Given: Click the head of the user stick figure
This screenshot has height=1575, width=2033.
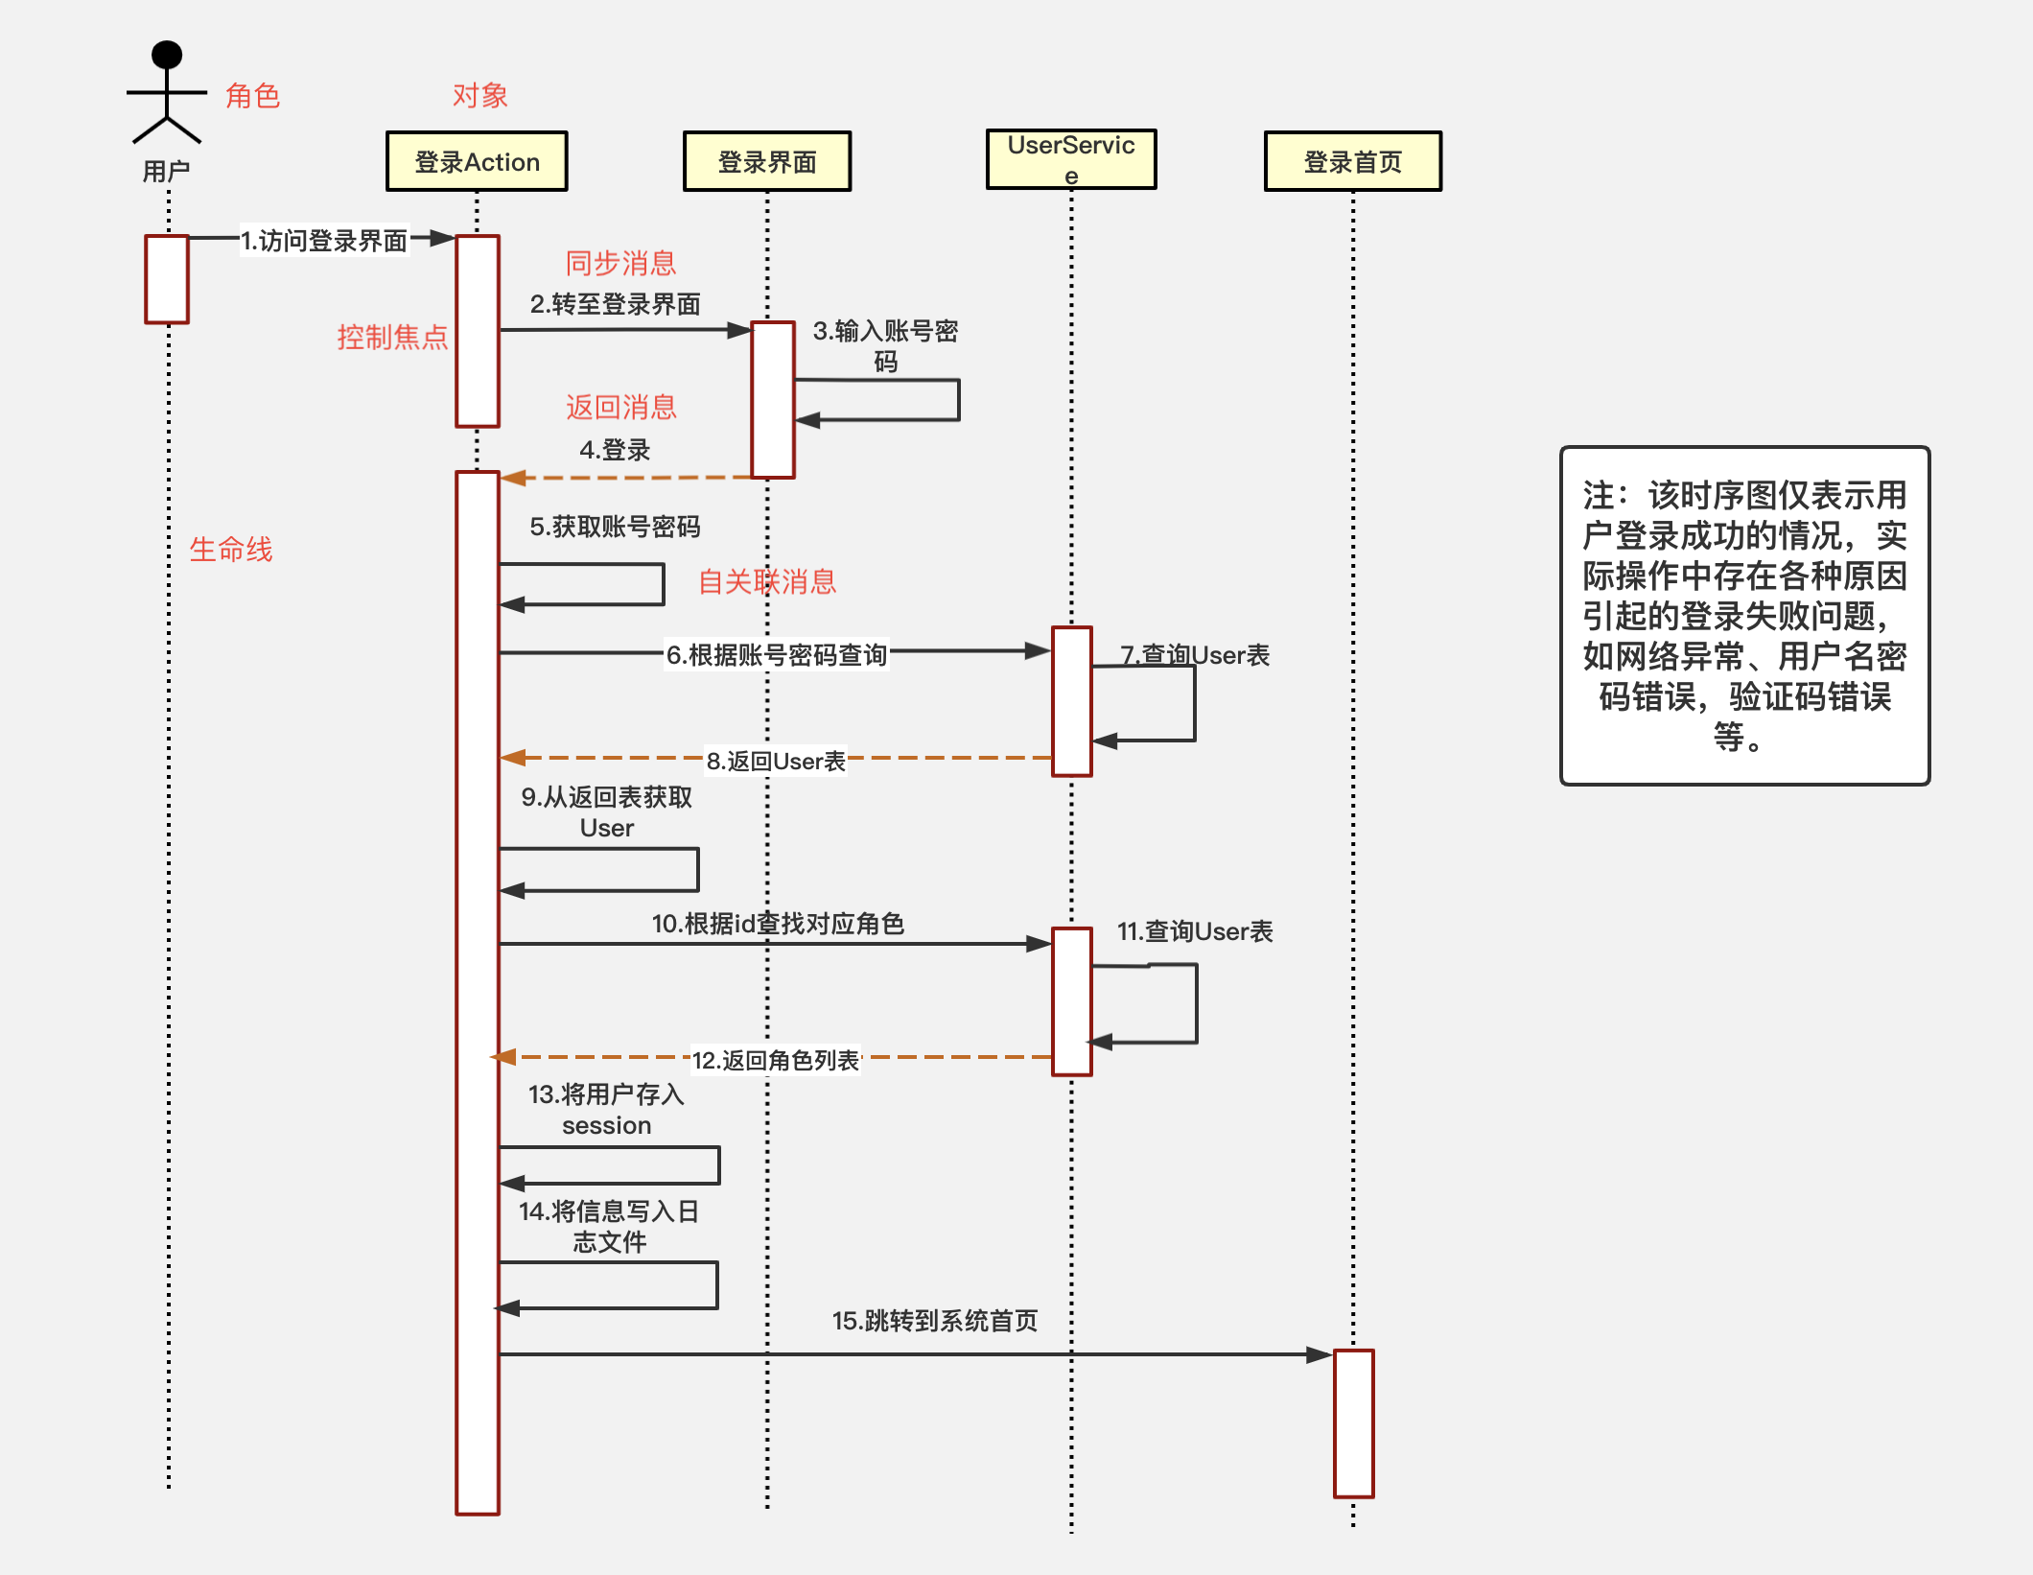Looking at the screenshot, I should click(x=167, y=55).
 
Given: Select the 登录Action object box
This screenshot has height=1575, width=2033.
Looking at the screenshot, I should click(x=477, y=162).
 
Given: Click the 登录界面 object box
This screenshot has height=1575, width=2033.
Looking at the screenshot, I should click(x=766, y=162).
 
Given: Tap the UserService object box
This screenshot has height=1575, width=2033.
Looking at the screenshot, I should click(x=1071, y=159).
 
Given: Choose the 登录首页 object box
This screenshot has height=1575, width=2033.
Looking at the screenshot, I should click(x=1352, y=162).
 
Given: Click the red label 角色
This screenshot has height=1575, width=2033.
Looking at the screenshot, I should click(x=252, y=96).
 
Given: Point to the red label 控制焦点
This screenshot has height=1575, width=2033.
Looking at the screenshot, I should click(x=392, y=338).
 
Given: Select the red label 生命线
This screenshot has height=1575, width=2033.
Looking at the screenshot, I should click(x=231, y=550).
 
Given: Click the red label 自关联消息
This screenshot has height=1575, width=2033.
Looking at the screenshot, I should click(x=766, y=582).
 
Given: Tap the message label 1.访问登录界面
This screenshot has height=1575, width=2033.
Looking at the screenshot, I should click(x=324, y=241).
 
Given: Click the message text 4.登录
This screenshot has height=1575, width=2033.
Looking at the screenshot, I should click(x=615, y=450).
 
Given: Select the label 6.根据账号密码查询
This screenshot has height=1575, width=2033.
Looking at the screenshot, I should click(x=777, y=655).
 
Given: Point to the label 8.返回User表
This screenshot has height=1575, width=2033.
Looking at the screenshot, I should click(x=776, y=762).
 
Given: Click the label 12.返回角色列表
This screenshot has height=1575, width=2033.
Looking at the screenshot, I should click(x=776, y=1060).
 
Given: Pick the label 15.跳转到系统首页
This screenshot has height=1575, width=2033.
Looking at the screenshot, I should click(x=935, y=1321).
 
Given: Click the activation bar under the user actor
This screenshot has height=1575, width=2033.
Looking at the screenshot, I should click(x=167, y=279).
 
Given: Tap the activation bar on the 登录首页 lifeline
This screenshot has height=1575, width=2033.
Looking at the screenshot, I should click(x=1353, y=1423).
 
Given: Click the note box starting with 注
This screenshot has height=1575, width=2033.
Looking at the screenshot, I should click(x=1744, y=616).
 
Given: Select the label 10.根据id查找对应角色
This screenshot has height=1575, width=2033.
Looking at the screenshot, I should click(x=778, y=924).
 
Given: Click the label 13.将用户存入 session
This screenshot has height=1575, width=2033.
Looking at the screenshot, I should click(x=606, y=1110).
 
